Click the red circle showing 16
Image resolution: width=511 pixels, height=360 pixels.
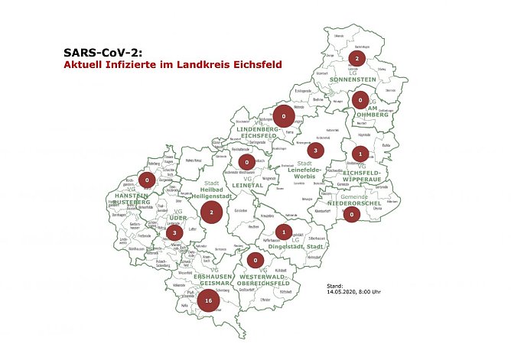pos(208,301)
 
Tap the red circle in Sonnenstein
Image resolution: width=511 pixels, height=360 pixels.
pos(356,58)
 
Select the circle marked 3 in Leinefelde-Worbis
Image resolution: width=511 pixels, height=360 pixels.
pos(316,151)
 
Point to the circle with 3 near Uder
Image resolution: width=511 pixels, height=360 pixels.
pos(174,232)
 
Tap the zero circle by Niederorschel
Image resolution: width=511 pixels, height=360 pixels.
pos(351,215)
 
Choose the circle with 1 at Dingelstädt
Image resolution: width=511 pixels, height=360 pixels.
pos(284,232)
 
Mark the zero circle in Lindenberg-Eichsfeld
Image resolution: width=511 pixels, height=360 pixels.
pos(284,117)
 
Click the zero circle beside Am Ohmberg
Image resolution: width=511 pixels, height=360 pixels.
pos(360,100)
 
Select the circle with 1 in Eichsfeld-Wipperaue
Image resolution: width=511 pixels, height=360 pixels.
pos(361,153)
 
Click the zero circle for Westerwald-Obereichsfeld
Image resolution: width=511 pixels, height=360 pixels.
pos(255,261)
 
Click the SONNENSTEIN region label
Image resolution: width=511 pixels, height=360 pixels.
pos(356,79)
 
